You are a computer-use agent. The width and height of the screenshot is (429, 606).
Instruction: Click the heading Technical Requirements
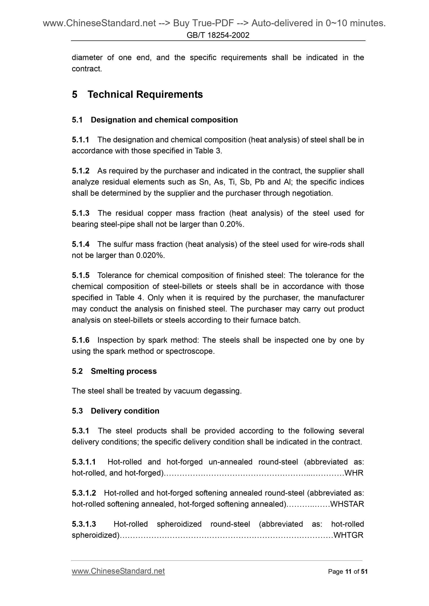pos(145,94)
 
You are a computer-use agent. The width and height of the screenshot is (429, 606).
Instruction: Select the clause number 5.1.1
pos(80,140)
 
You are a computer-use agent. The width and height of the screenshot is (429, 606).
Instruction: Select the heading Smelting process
pos(124,371)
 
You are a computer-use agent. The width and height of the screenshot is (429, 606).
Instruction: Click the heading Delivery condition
pos(125,411)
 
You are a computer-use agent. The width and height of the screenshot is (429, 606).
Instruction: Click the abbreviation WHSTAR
pos(347,504)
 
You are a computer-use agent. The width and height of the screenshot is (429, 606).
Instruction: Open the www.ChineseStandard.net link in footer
pos(118,571)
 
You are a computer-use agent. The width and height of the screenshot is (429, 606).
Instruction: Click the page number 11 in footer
pos(348,572)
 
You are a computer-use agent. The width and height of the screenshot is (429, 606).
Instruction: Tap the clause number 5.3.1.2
pos(84,493)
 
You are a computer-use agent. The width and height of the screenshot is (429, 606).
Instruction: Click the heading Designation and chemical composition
pos(164,120)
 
